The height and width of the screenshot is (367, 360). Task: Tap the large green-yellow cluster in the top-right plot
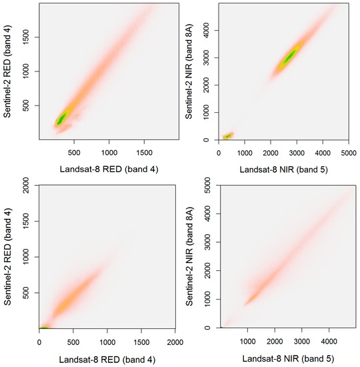(289, 58)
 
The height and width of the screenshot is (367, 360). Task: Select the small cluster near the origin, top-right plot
(227, 135)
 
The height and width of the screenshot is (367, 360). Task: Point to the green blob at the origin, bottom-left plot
(44, 327)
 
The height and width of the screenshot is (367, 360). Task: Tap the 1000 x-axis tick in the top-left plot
(109, 151)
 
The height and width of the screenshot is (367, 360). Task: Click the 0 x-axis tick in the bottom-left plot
(39, 341)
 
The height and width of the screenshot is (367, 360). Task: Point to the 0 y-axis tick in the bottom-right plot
(209, 328)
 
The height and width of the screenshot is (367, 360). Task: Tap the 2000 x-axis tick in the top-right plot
(270, 151)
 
